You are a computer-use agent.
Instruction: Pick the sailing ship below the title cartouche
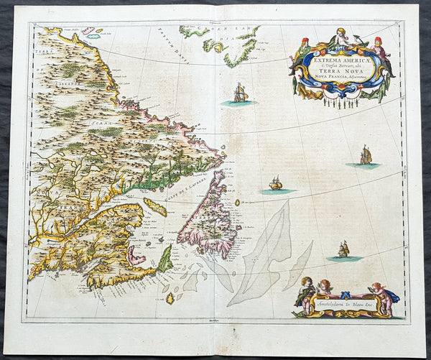366,155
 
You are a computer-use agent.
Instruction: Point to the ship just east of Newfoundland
275,184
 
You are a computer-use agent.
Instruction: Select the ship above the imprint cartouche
343,249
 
